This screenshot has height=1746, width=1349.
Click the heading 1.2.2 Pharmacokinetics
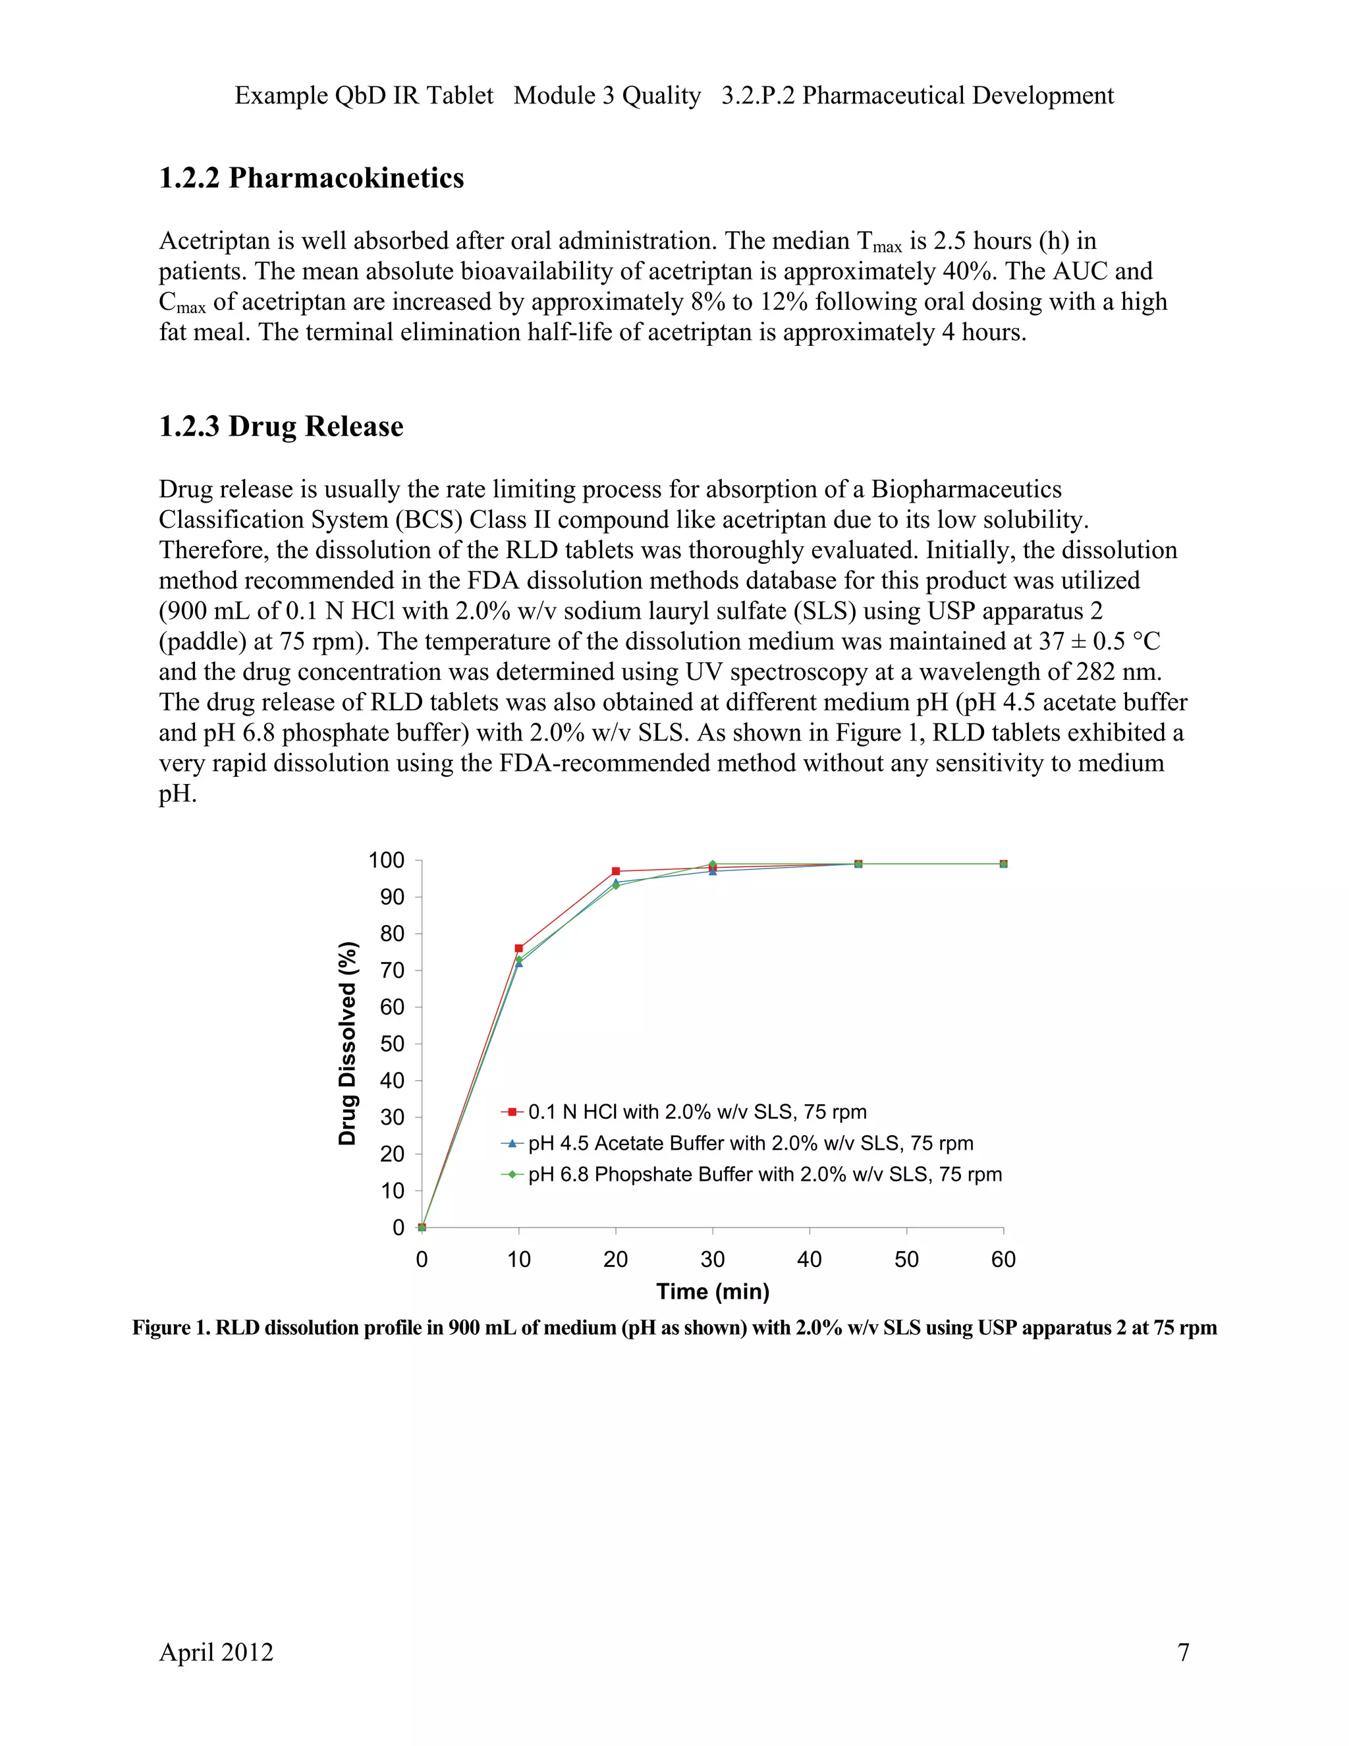click(311, 177)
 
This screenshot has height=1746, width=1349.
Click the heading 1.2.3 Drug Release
click(281, 426)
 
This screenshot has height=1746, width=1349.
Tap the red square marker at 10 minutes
click(518, 948)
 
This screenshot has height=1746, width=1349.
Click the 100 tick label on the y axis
click(386, 861)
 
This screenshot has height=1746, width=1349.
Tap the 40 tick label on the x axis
click(810, 1260)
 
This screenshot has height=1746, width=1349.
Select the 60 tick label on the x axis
click(1003, 1260)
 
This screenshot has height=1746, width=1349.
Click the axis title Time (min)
click(712, 1291)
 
